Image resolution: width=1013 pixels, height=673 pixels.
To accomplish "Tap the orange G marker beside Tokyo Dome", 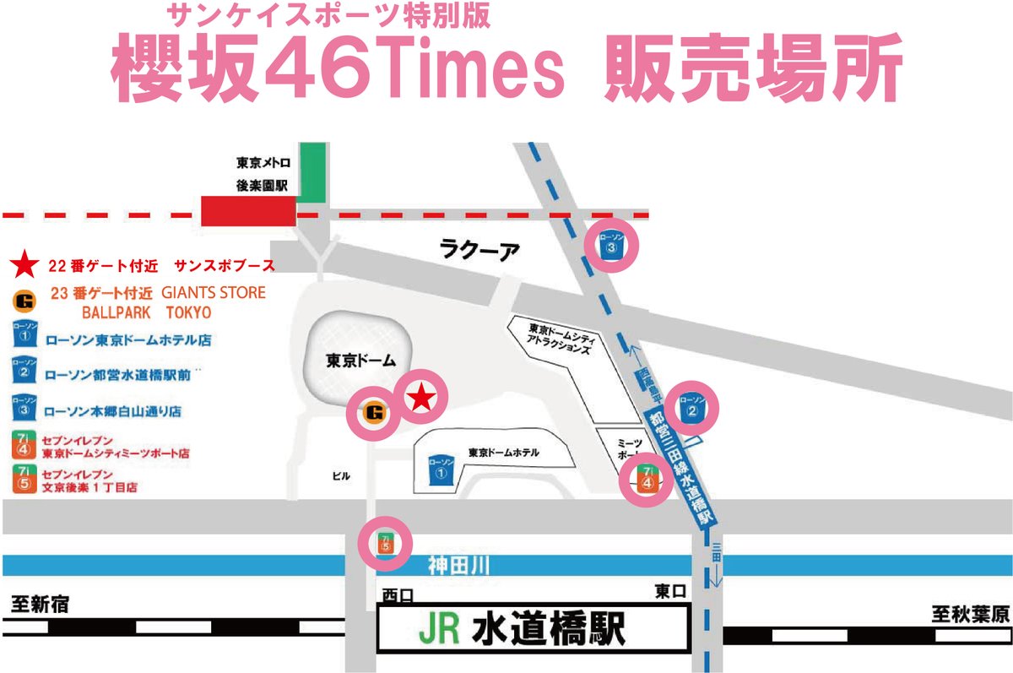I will [374, 413].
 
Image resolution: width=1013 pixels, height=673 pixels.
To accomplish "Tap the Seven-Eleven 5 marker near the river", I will [386, 542].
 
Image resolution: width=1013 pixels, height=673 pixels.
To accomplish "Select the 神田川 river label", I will [458, 565].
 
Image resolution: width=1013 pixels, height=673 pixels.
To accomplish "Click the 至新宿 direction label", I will [40, 605].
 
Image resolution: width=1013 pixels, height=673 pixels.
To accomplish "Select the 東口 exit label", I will [671, 590].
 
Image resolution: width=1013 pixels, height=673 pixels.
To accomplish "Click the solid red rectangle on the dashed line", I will [248, 212].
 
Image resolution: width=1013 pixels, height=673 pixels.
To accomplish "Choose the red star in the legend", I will [24, 266].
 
